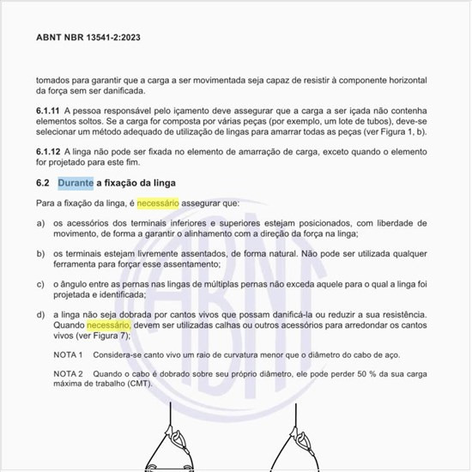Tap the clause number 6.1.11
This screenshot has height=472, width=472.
pos(49,112)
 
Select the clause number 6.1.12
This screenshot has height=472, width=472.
pos(49,151)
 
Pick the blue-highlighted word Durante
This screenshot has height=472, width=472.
pos(76,184)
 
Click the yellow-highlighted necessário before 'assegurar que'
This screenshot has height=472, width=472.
pos(158,204)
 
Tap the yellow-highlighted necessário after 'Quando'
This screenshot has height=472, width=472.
pos(107,326)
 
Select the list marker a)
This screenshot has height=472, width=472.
pos(41,223)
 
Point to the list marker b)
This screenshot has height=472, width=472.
pos(41,254)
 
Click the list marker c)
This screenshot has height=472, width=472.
pos(41,284)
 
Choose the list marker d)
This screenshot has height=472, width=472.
pos(41,315)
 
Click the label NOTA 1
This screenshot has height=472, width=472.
pos(68,355)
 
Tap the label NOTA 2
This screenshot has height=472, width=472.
pos(68,374)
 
